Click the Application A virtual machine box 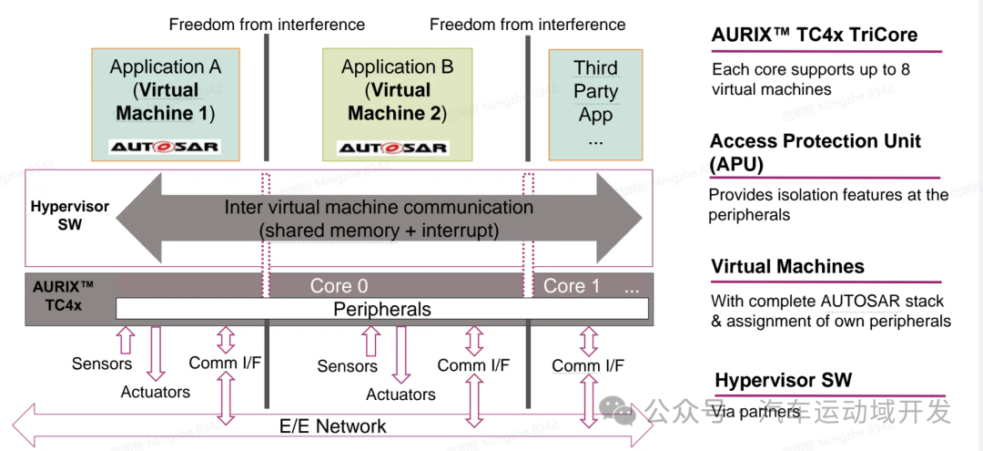tap(164, 103)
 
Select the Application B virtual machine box tap(397, 103)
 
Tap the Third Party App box tap(595, 103)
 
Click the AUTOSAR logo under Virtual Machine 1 tap(165, 147)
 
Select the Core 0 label tap(339, 286)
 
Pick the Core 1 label tap(572, 286)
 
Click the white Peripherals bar tap(382, 309)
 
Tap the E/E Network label tap(332, 425)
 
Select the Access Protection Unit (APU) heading tap(815, 152)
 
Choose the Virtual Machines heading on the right tap(788, 267)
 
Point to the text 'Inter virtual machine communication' tap(379, 207)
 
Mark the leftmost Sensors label tap(102, 364)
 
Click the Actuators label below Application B tap(400, 395)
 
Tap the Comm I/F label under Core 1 tap(588, 366)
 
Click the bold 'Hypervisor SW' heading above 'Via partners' tap(784, 381)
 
